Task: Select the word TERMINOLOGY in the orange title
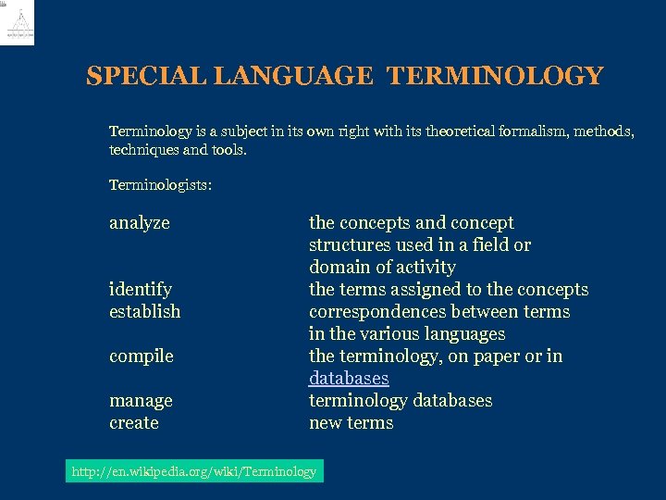pyautogui.click(x=496, y=76)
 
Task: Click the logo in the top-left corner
pyautogui.click(x=18, y=23)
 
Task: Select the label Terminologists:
pyautogui.click(x=160, y=185)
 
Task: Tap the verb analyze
pyautogui.click(x=140, y=223)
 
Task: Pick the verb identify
pyautogui.click(x=141, y=290)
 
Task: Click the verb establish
pyautogui.click(x=145, y=312)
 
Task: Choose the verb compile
pyautogui.click(x=142, y=356)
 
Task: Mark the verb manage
pyautogui.click(x=141, y=401)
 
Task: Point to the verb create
pyautogui.click(x=134, y=423)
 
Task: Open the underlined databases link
pyautogui.click(x=349, y=379)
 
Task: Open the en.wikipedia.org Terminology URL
pyautogui.click(x=194, y=472)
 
